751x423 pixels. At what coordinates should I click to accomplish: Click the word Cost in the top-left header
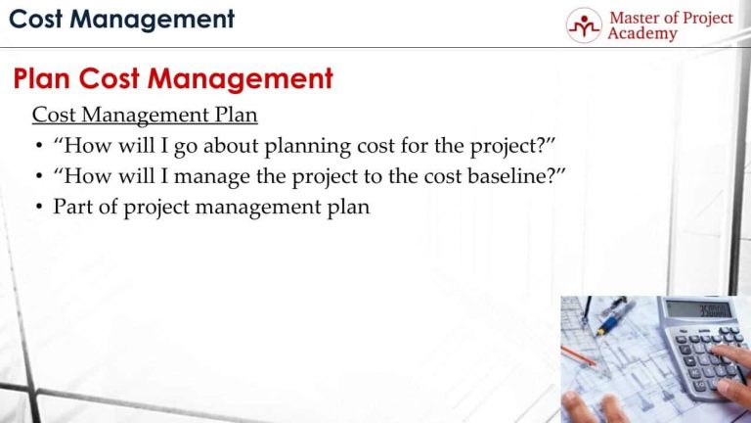pyautogui.click(x=36, y=20)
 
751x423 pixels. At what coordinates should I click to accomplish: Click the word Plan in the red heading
pyautogui.click(x=42, y=78)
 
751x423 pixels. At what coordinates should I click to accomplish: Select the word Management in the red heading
pyautogui.click(x=240, y=79)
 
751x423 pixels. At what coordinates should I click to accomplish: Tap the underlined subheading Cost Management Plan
pyautogui.click(x=145, y=115)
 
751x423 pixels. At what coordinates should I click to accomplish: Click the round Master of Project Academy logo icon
pyautogui.click(x=584, y=25)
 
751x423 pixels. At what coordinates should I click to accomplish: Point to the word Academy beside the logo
pyautogui.click(x=642, y=34)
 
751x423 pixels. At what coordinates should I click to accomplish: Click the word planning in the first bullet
pyautogui.click(x=307, y=146)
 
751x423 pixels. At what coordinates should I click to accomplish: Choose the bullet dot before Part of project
pyautogui.click(x=39, y=208)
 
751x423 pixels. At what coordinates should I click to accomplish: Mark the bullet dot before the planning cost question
pyautogui.click(x=39, y=146)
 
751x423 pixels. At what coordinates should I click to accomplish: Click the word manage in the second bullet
pyautogui.click(x=211, y=177)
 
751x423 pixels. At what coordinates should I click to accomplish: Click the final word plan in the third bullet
pyautogui.click(x=348, y=208)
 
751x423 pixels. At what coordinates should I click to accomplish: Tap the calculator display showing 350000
pyautogui.click(x=699, y=309)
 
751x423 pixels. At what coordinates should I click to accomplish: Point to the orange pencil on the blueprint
pyautogui.click(x=579, y=356)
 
